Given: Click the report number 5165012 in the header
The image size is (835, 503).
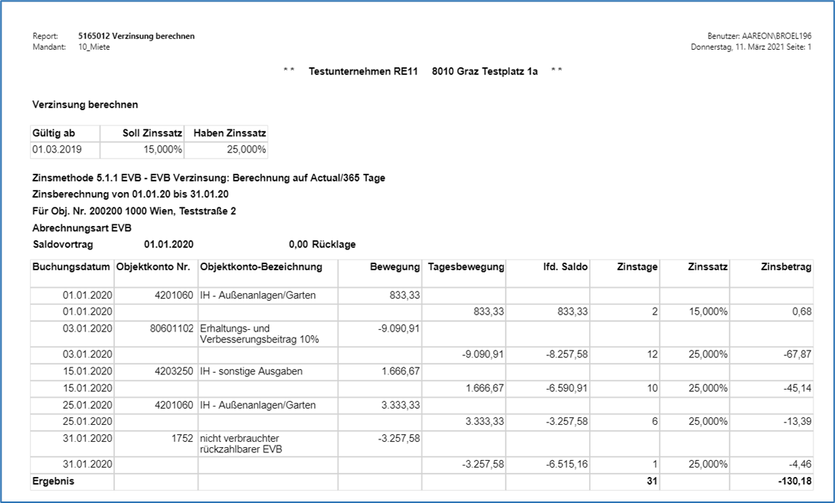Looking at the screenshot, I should (94, 36).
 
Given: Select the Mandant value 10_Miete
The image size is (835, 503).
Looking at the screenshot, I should (94, 47).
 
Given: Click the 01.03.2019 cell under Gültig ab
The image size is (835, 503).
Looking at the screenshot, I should (51, 149).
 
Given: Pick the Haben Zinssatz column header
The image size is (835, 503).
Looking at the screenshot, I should (229, 133).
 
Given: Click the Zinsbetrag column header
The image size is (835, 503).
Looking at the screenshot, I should (787, 267).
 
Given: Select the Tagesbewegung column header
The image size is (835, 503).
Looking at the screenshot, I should (466, 267).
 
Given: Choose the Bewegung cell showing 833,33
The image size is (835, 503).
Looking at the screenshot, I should (404, 296).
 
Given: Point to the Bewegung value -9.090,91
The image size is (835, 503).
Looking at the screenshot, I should (399, 328).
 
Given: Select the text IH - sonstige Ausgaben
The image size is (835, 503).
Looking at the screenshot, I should (250, 371).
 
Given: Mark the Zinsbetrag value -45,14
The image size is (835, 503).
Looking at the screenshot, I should (797, 388).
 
